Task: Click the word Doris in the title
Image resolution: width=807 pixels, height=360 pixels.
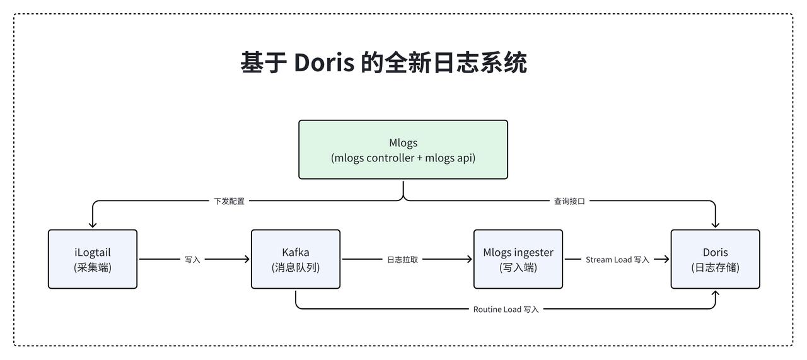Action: pos(324,62)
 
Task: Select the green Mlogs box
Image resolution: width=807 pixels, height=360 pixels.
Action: pos(403,149)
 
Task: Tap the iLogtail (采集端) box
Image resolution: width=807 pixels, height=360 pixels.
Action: pos(93,259)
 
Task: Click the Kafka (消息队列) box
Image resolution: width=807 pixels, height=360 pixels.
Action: pos(296,259)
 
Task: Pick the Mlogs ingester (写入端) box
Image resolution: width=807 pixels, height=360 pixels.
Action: pos(518,259)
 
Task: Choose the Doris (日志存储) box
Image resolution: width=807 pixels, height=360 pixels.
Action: pos(715,259)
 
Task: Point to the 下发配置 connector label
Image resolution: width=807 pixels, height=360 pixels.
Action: pos(229,201)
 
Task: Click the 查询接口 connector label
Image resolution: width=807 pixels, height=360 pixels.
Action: pos(569,201)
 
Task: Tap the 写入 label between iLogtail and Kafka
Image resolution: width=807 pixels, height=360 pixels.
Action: pos(192,260)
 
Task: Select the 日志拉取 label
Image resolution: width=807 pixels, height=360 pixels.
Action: pos(402,260)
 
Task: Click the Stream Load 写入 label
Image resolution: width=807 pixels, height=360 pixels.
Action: pos(617,260)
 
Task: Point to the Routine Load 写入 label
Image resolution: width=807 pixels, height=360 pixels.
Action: pos(506,309)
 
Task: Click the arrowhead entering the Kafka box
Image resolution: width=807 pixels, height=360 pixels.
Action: pos(247,259)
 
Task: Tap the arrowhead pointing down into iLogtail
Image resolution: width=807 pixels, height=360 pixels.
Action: pos(93,225)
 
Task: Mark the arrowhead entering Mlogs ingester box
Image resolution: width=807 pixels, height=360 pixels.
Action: pos(470,259)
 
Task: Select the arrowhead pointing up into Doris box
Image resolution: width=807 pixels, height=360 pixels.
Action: pos(715,294)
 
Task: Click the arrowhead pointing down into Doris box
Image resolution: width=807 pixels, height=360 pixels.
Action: pos(715,225)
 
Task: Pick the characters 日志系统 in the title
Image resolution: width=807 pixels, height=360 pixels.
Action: pos(480,62)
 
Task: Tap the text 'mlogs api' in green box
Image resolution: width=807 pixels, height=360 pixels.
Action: pos(448,158)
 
